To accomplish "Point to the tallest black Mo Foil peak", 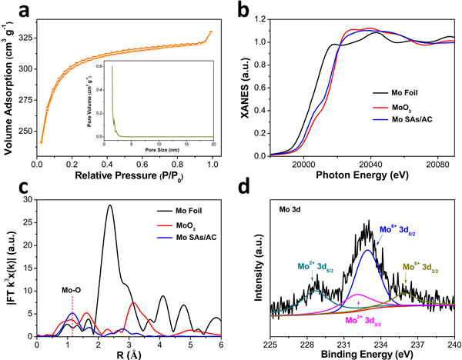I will [x=110, y=205].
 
